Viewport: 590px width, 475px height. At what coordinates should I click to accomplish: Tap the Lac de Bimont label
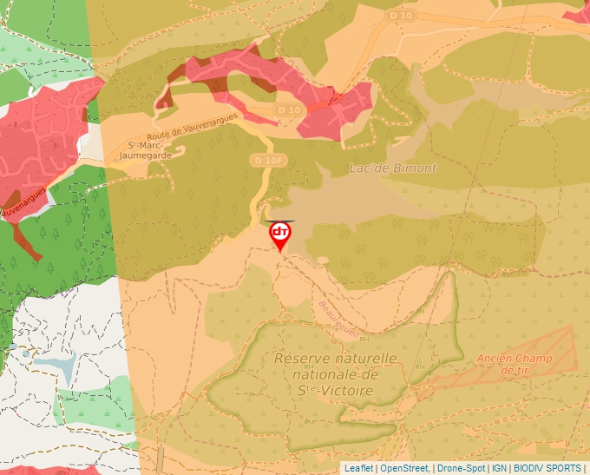393,168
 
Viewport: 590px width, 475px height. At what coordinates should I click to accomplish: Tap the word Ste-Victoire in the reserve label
336,391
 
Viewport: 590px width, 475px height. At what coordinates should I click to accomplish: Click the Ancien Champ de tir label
515,364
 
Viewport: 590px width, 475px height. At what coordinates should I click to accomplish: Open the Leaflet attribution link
358,468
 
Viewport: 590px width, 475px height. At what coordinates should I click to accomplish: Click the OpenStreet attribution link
404,468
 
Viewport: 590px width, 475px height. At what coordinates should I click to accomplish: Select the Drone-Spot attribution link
461,468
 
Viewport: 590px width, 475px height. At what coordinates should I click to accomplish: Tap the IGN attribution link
500,468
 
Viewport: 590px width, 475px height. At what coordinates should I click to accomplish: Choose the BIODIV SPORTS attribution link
547,468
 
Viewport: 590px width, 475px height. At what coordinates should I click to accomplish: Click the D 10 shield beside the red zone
289,110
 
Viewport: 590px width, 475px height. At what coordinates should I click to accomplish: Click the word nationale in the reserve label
335,374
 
